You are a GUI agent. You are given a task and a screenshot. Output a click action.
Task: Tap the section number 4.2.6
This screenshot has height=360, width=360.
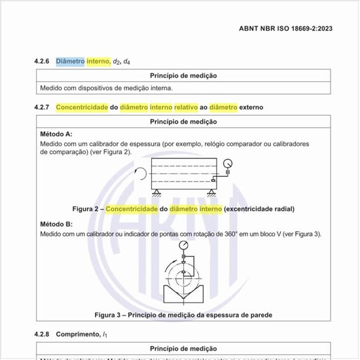[x=43, y=62]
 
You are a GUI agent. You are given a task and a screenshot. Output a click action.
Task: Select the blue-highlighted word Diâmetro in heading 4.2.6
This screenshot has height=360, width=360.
[x=70, y=62]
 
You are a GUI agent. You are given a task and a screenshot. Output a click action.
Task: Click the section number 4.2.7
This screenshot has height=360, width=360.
[x=43, y=107]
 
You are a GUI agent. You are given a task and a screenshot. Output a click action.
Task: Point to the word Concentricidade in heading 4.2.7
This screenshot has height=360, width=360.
[x=82, y=107]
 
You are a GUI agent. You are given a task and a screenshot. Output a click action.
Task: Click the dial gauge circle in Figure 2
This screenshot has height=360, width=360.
[x=227, y=164]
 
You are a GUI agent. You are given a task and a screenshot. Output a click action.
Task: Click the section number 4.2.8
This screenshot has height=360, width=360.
[x=43, y=334]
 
